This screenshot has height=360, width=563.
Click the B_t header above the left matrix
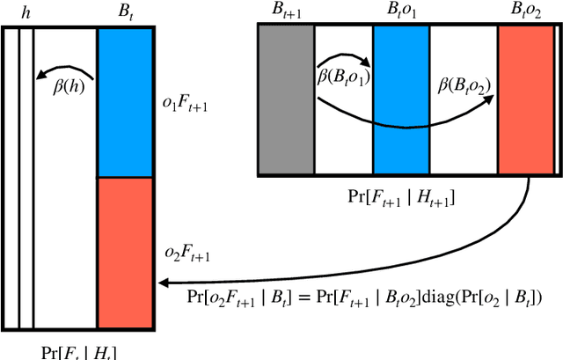(x=126, y=12)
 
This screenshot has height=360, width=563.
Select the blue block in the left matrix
(x=126, y=102)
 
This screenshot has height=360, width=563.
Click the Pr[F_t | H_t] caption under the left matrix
(x=79, y=352)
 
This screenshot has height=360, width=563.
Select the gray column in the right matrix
(x=286, y=98)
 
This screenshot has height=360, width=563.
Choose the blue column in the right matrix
(x=401, y=98)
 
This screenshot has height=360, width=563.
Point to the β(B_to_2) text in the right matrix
(x=464, y=86)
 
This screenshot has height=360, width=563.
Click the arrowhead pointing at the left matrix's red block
(x=163, y=283)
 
